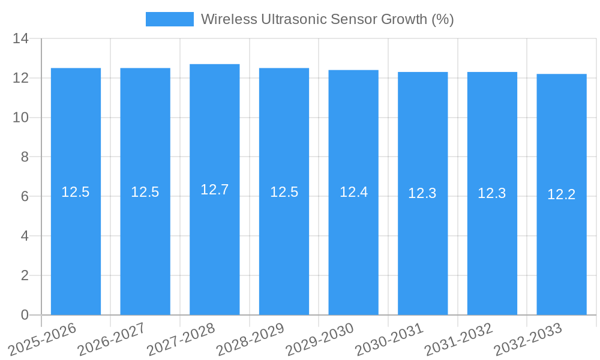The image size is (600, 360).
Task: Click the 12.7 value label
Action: click(215, 190)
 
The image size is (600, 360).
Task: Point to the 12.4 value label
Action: click(353, 192)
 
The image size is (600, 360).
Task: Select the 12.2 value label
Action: click(562, 194)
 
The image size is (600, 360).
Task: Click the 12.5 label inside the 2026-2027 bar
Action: click(145, 192)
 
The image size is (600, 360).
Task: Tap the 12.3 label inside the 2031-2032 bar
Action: click(492, 193)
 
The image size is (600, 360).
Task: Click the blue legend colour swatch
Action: click(170, 19)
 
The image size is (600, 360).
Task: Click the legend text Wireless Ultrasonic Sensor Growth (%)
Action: click(327, 19)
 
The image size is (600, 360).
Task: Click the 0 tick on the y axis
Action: click(25, 315)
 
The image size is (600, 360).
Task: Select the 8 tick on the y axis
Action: click(25, 157)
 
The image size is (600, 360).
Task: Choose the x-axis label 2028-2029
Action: click(251, 339)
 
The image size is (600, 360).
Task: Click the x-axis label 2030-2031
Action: click(389, 339)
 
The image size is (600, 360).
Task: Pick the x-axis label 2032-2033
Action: click(528, 339)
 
